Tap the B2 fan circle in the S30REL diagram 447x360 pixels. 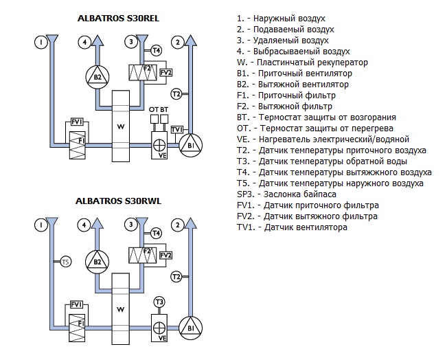point(97,77)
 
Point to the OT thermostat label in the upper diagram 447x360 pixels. point(153,109)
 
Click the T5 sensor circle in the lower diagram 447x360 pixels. point(65,261)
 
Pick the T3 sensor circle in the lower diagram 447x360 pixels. point(159,302)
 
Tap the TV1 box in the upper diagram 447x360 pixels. point(176,129)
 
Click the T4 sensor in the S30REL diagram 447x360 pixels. point(156,50)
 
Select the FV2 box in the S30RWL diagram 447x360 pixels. point(165,254)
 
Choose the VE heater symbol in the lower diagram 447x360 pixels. point(160,328)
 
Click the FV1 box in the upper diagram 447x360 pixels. point(77,122)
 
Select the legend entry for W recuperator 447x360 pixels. point(301,63)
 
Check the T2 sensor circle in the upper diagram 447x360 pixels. point(176,93)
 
